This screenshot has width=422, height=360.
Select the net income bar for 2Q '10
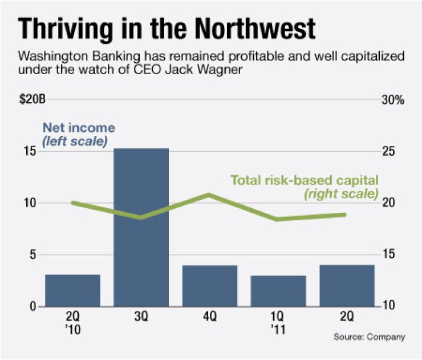72,290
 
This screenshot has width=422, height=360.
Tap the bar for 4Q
210,286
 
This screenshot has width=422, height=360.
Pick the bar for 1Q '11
278,291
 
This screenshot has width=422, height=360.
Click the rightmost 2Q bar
347,286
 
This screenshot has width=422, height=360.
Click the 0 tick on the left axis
33,306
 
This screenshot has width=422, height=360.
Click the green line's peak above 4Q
209,195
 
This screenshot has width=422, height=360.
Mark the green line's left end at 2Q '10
72,203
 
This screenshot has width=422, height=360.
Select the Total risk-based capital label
305,180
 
